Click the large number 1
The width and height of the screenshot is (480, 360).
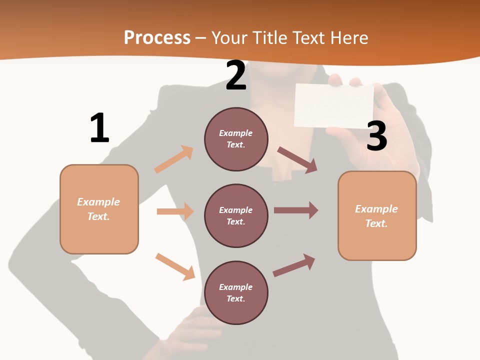(x=99, y=128)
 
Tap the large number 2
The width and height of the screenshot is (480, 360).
(x=236, y=76)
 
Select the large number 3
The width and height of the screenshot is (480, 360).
(x=376, y=136)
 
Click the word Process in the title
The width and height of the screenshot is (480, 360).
(x=157, y=37)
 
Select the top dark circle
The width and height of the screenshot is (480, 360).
(x=236, y=139)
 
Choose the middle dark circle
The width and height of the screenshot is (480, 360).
(x=236, y=215)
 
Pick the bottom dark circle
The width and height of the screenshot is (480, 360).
(x=236, y=292)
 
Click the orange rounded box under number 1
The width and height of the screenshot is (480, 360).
(x=99, y=209)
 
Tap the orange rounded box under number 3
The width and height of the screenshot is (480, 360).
(x=377, y=215)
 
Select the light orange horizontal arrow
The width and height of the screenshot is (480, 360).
(x=175, y=211)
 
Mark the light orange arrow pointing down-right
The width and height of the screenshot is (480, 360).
(x=175, y=266)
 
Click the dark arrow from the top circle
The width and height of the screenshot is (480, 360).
(x=298, y=160)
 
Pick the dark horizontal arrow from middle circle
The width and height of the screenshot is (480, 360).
(x=296, y=210)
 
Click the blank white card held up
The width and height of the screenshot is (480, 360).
(x=334, y=105)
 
